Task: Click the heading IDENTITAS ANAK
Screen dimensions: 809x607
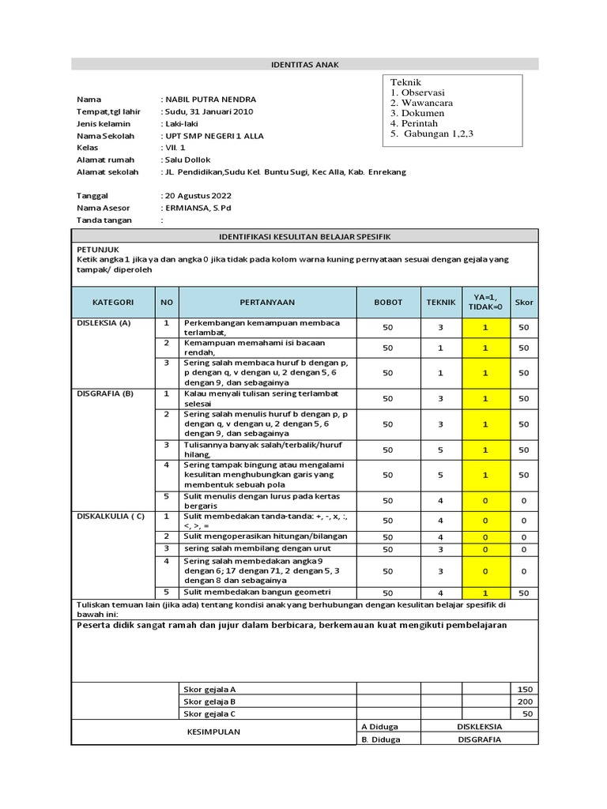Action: click(x=305, y=65)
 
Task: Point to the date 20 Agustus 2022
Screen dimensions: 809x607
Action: click(x=200, y=195)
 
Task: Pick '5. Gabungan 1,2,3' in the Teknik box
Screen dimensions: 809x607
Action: click(x=432, y=134)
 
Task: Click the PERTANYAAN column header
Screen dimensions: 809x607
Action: click(x=268, y=303)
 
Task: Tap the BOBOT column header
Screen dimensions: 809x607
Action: click(x=387, y=303)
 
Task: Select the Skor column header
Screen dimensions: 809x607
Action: click(x=524, y=303)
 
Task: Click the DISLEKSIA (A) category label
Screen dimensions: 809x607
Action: click(x=104, y=324)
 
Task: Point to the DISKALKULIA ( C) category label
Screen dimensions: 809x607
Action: click(x=111, y=517)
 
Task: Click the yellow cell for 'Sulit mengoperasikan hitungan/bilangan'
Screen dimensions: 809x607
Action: click(x=485, y=537)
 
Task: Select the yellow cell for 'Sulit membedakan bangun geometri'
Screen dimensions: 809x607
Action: click(x=485, y=593)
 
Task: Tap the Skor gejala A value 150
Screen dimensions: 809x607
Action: click(x=525, y=689)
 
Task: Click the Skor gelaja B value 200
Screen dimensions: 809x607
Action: click(x=525, y=702)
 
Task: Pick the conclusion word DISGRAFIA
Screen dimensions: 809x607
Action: click(x=480, y=739)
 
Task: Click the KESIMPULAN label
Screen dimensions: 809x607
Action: click(x=213, y=732)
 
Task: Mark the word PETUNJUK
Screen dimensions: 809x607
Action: click(x=97, y=249)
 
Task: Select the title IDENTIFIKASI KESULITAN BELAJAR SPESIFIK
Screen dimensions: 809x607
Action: click(x=305, y=236)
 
